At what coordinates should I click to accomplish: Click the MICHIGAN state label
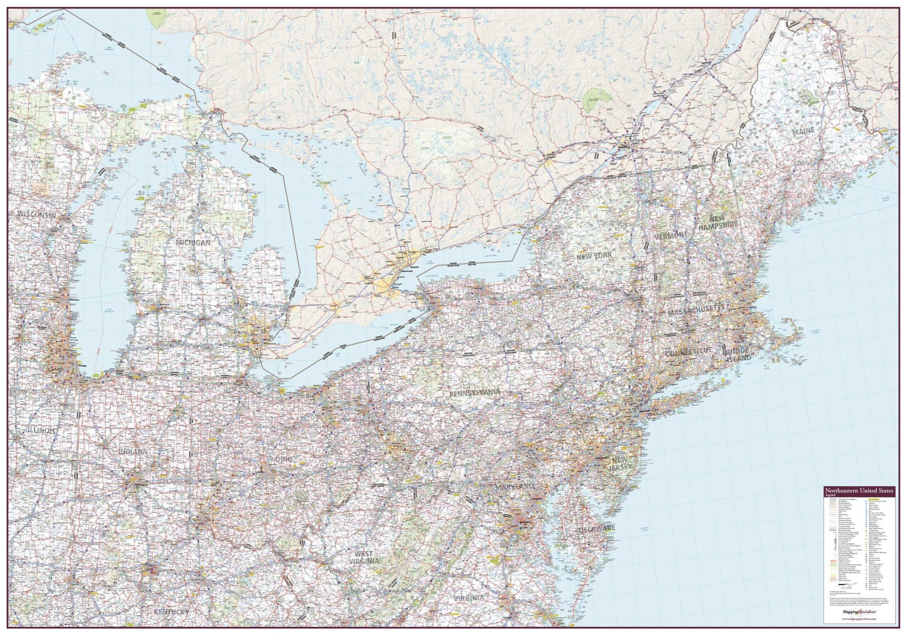pyautogui.click(x=193, y=243)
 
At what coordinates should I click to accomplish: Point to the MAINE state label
pyautogui.click(x=804, y=131)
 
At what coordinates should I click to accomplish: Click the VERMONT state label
pyautogui.click(x=671, y=236)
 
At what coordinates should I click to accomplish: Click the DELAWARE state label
pyautogui.click(x=597, y=529)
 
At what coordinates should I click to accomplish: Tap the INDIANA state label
pyautogui.click(x=133, y=452)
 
